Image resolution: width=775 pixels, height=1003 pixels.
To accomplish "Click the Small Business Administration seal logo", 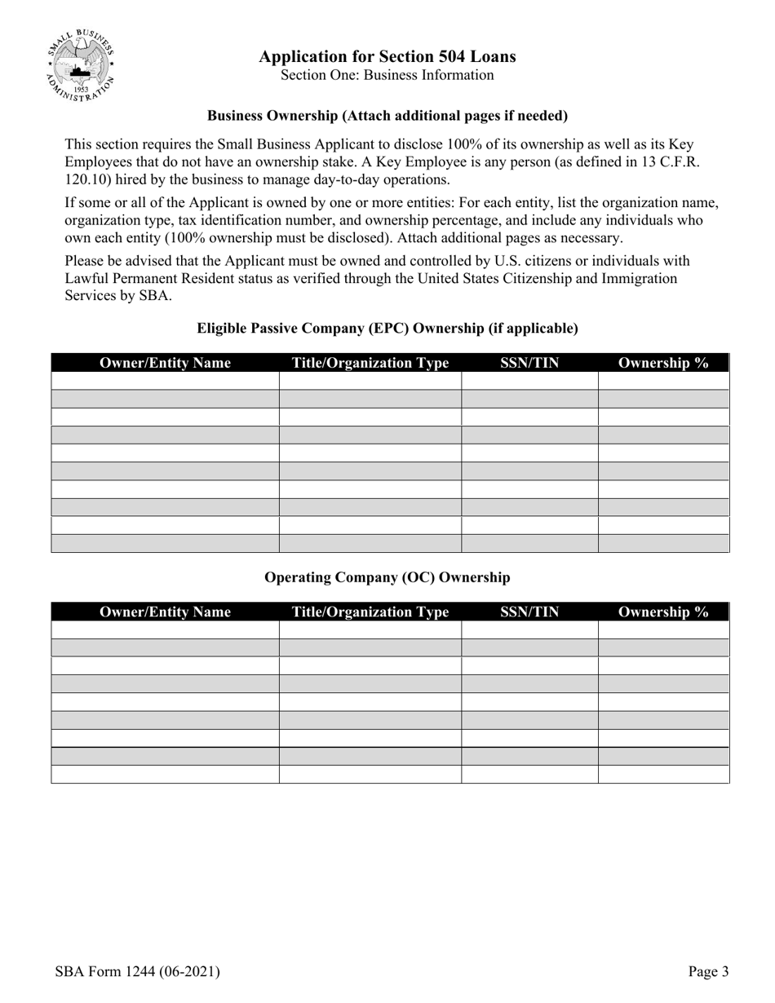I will tap(80, 64).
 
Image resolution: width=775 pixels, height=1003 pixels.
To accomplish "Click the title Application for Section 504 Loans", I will tap(387, 56).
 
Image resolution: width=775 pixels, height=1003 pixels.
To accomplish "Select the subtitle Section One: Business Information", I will tap(387, 75).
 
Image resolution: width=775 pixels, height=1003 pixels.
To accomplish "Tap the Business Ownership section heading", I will tap(387, 116).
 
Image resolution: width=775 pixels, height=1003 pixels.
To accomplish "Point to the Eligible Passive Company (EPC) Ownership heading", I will tap(387, 329).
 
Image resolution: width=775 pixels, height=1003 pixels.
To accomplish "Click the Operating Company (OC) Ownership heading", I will tap(387, 577).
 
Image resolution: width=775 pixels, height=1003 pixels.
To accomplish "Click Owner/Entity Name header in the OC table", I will tap(165, 612).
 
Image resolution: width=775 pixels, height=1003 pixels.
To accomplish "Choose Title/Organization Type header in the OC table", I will tap(370, 612).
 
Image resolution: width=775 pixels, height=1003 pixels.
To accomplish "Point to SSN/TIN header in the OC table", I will tap(529, 612).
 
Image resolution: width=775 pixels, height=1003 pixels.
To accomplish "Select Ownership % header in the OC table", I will tap(663, 612).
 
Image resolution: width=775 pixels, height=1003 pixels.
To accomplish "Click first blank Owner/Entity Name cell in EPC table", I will tap(165, 381).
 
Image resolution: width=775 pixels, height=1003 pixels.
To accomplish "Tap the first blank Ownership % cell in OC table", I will tap(663, 630).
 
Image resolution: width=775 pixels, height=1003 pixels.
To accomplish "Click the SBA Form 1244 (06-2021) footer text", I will tap(137, 971).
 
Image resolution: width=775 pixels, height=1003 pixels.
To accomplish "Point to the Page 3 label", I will tap(708, 971).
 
